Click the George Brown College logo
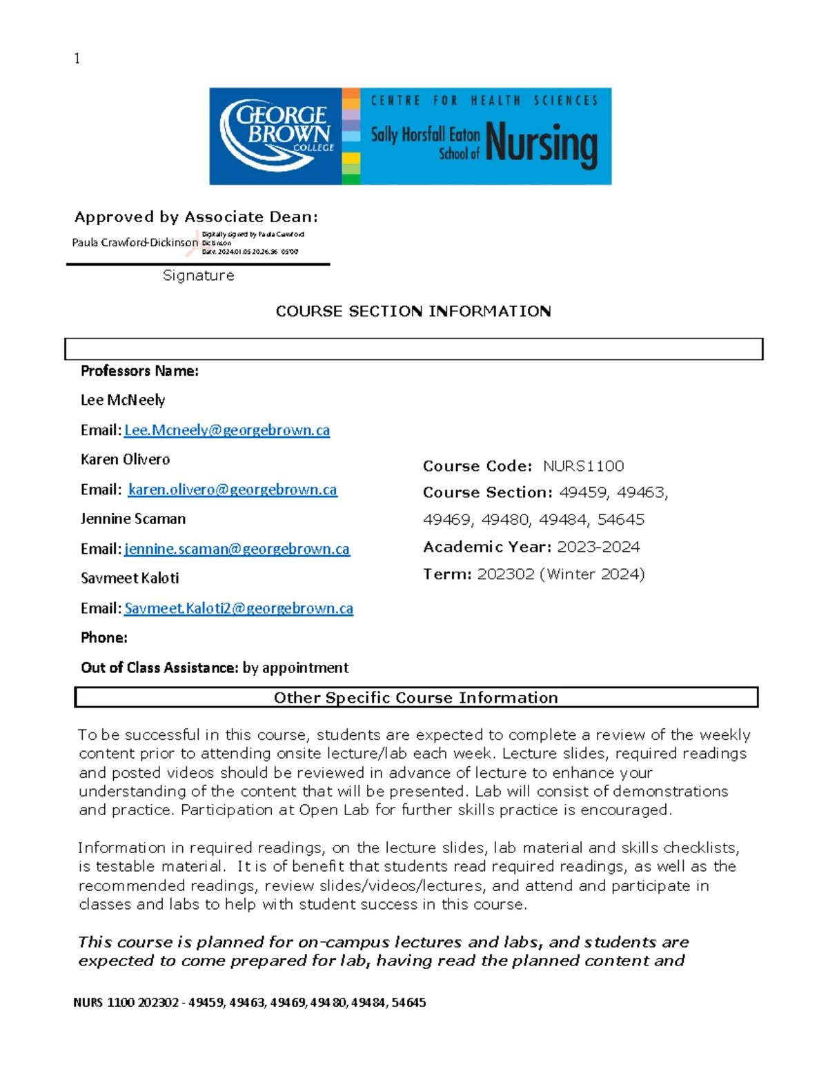(276, 136)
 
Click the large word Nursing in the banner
(541, 144)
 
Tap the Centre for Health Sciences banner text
(484, 101)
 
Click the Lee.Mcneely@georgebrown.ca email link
(226, 430)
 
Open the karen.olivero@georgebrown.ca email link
(233, 490)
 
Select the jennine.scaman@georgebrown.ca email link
(237, 549)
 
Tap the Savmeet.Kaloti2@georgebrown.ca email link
(238, 608)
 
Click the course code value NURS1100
(583, 466)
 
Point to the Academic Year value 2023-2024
(598, 547)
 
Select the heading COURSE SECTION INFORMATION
(413, 311)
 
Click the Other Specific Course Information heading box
(415, 697)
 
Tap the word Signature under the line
(198, 275)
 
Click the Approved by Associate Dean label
(196, 217)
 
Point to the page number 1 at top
(77, 59)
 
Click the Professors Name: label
(139, 371)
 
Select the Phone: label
(104, 637)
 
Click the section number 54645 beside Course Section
(620, 519)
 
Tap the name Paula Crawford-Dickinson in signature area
(135, 242)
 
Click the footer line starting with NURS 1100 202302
(249, 1003)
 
